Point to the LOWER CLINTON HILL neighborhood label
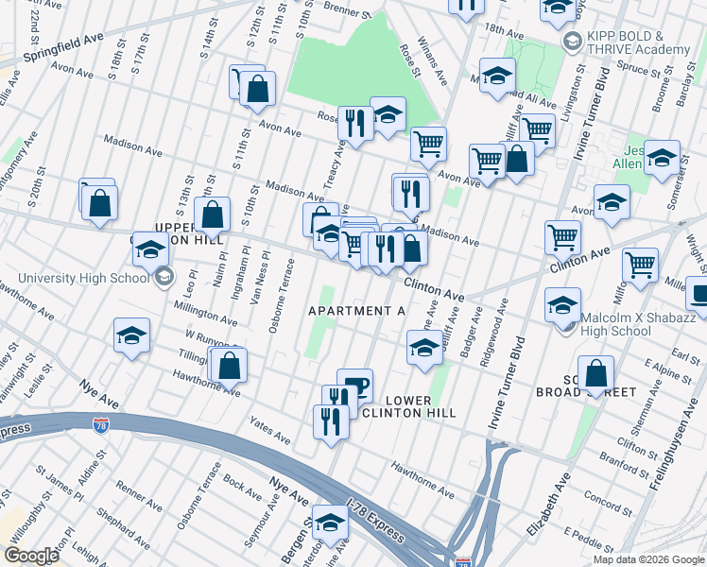408,404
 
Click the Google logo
30,555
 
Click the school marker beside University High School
150,250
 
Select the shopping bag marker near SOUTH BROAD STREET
596,373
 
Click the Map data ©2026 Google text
648,559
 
